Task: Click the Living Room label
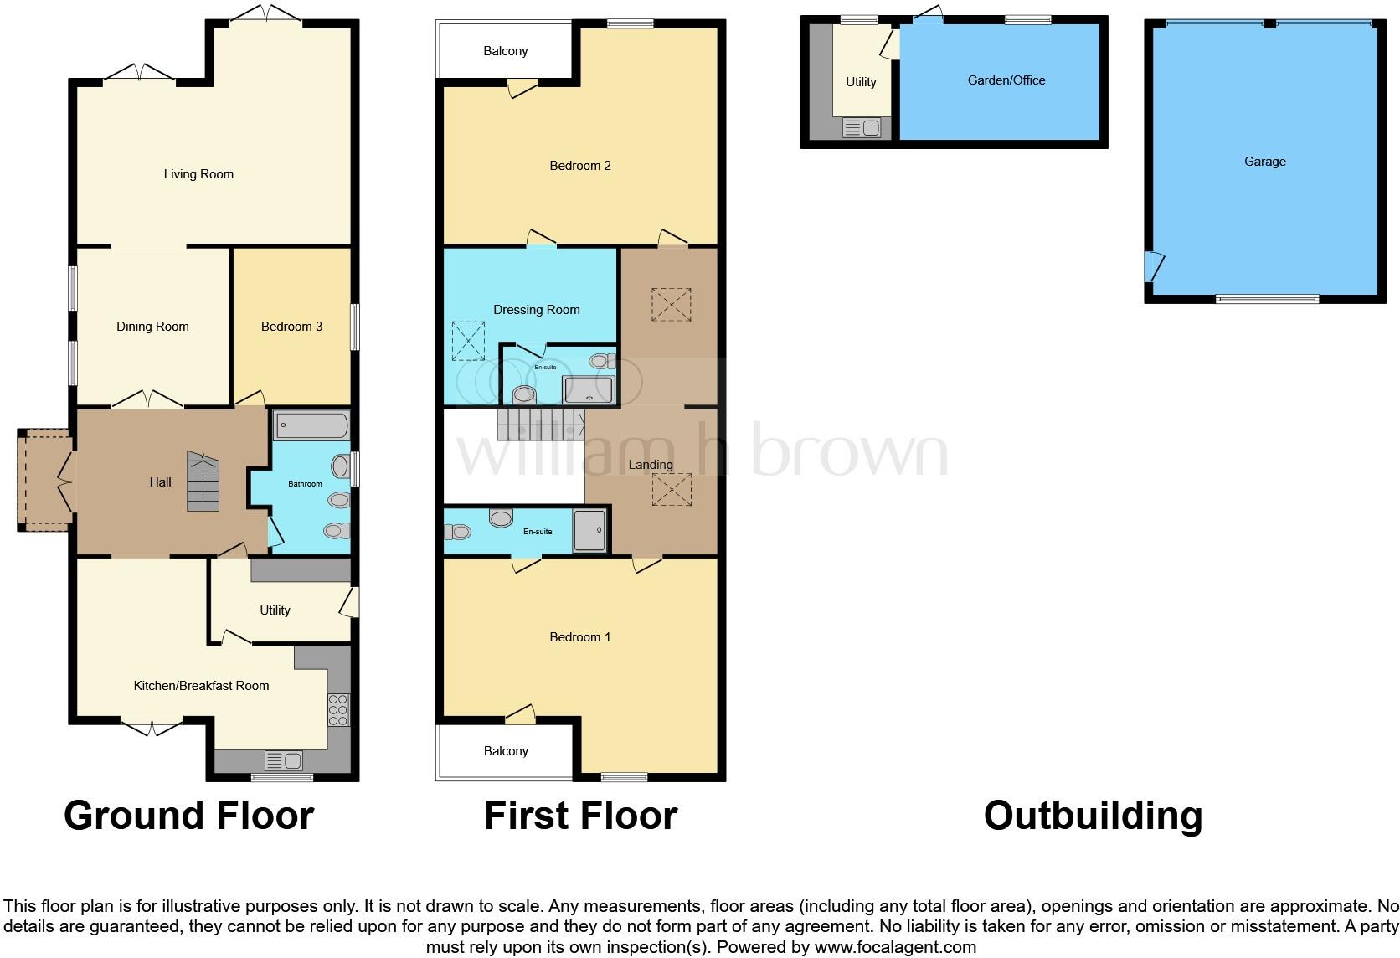pyautogui.click(x=198, y=174)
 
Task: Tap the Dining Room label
pyautogui.click(x=152, y=327)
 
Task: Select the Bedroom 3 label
pyautogui.click(x=291, y=327)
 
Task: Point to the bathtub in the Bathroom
pyautogui.click(x=311, y=425)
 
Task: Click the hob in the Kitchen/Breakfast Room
pyautogui.click(x=338, y=710)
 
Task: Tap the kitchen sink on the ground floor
pyautogui.click(x=283, y=761)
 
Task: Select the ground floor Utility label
pyautogui.click(x=275, y=610)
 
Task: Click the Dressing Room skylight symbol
pyautogui.click(x=468, y=341)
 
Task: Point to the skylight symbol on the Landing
pyautogui.click(x=672, y=490)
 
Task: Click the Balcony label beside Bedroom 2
pyautogui.click(x=506, y=51)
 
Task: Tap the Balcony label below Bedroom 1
pyautogui.click(x=506, y=751)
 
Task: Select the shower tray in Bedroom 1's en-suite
pyautogui.click(x=589, y=531)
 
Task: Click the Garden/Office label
pyautogui.click(x=1006, y=80)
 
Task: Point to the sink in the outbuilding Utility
pyautogui.click(x=862, y=128)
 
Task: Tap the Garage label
pyautogui.click(x=1264, y=162)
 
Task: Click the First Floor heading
pyautogui.click(x=580, y=816)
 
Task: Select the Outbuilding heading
pyautogui.click(x=1093, y=816)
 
